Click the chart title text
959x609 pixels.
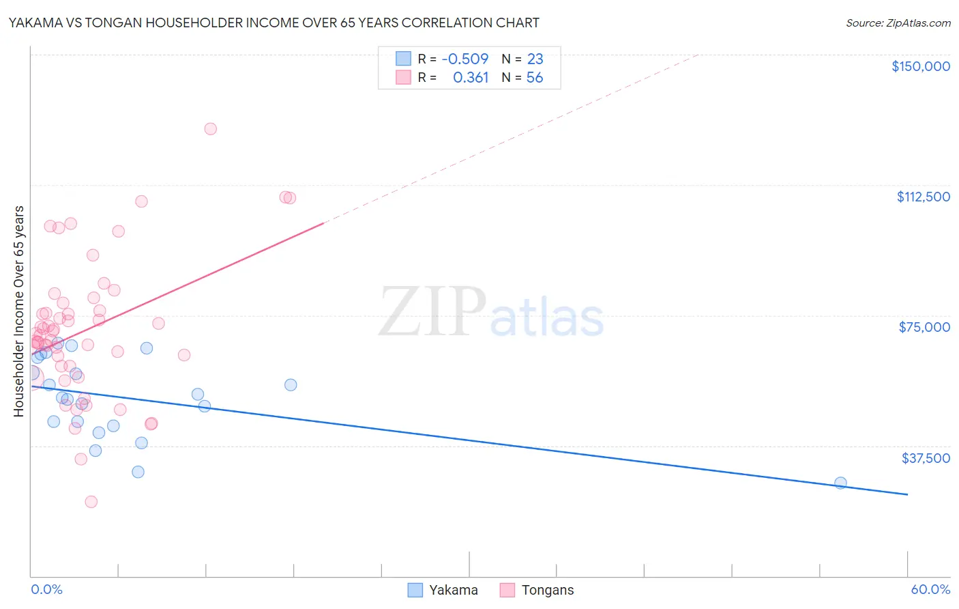point(274,23)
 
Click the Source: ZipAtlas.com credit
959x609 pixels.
point(898,23)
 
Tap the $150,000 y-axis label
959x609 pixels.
point(920,66)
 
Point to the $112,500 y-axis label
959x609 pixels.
point(923,197)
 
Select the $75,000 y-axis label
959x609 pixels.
point(924,327)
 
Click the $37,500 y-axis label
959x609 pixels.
point(925,458)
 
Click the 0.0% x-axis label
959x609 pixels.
point(46,589)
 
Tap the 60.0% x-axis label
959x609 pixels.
point(930,589)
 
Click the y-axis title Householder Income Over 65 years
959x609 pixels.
point(19,311)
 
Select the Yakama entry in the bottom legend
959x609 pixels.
point(453,590)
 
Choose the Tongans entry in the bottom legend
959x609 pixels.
point(547,590)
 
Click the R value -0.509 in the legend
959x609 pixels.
point(465,59)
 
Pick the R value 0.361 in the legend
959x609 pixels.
point(471,78)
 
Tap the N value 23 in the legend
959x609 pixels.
point(535,59)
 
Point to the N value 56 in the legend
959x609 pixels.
point(535,78)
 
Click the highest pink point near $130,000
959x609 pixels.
point(210,129)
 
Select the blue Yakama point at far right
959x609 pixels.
point(840,483)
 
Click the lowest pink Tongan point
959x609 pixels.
point(91,502)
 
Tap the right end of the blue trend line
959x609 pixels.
point(907,494)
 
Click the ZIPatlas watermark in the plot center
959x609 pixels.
point(491,313)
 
